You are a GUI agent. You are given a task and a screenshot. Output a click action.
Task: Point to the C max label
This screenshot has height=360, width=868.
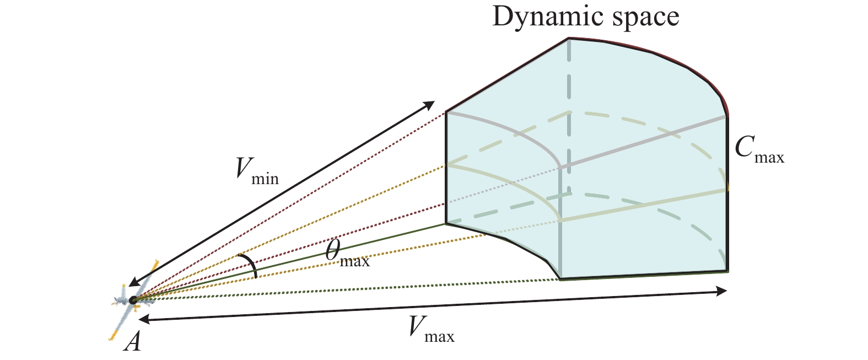(x=759, y=150)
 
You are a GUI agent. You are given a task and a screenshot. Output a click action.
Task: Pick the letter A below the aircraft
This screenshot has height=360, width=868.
(x=133, y=342)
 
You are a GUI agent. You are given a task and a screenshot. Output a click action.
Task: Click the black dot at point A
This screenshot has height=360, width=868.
(x=133, y=300)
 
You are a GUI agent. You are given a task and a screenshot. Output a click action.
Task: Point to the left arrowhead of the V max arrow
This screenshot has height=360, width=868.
(x=143, y=319)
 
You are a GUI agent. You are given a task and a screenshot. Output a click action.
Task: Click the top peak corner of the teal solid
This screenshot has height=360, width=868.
(x=568, y=38)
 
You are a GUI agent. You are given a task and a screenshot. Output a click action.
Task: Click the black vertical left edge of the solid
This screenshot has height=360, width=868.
(x=445, y=165)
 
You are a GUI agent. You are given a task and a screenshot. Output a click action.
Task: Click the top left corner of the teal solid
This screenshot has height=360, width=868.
(x=446, y=112)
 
